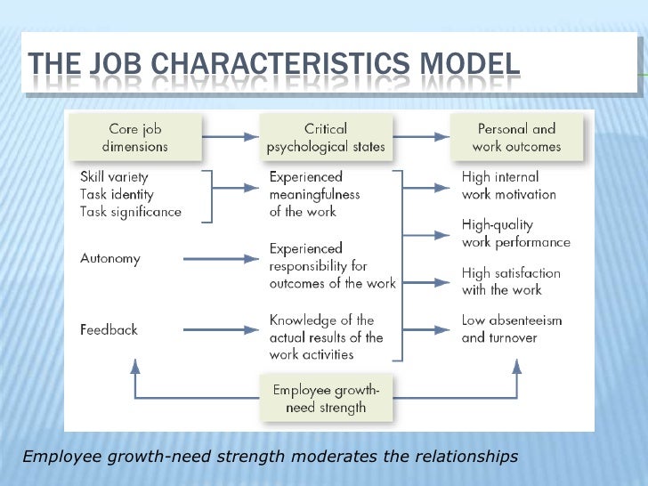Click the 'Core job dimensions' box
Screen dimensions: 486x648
[x=136, y=136]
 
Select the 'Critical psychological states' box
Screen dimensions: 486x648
[x=325, y=136]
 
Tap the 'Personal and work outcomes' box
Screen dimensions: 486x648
[x=515, y=136]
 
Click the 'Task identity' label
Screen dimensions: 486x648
[x=117, y=194]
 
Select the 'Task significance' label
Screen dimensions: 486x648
[x=130, y=212]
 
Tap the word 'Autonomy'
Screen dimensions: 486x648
[x=110, y=258]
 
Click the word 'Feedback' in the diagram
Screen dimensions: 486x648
[x=109, y=329]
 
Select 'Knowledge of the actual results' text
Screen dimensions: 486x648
[x=326, y=336]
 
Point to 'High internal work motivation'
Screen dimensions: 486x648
[x=508, y=185]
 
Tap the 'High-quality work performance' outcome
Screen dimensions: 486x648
[x=515, y=233]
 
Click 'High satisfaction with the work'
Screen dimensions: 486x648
[x=511, y=281]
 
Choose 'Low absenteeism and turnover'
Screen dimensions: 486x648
[x=511, y=328]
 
